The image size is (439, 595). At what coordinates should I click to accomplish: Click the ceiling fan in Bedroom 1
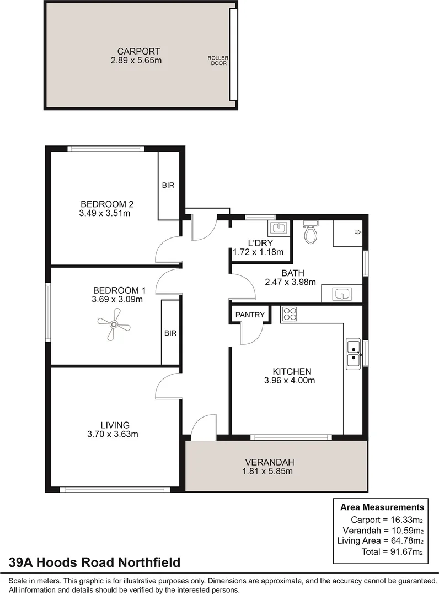(113, 326)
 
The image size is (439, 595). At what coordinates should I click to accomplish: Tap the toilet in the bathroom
(310, 232)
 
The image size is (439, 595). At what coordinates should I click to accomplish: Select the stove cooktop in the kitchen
(289, 314)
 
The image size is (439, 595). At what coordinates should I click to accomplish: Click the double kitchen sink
(353, 353)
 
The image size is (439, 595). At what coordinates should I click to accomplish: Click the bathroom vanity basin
(341, 294)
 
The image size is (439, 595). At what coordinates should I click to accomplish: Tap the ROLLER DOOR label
(218, 61)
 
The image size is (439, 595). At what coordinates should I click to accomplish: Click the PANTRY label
(250, 315)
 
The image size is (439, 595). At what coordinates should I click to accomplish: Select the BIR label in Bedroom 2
(168, 185)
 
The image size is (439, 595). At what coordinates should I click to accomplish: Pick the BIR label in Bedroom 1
(169, 333)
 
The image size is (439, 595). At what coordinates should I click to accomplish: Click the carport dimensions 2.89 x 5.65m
(136, 61)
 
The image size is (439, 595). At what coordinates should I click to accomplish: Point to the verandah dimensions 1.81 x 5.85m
(267, 471)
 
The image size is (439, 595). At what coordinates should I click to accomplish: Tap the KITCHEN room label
(292, 371)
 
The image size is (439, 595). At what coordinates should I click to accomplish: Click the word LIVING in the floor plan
(115, 425)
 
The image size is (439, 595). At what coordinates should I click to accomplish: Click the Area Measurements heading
(382, 507)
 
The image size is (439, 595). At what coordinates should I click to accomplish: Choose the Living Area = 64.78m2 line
(380, 541)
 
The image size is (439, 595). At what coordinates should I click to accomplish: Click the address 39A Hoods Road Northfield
(94, 562)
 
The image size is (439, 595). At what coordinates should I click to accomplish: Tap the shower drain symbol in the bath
(357, 232)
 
